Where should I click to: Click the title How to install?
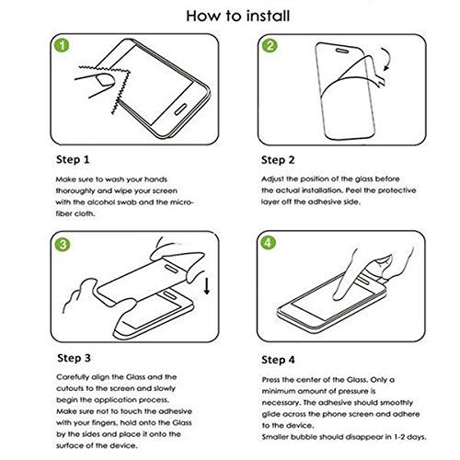(x=238, y=16)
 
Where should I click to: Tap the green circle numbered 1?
(x=62, y=45)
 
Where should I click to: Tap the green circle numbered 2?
(x=270, y=45)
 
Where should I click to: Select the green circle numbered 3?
(x=63, y=245)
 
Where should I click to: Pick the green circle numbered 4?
(x=268, y=243)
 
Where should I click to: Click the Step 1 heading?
(x=73, y=159)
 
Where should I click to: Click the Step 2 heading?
(x=278, y=160)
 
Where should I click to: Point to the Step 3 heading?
(x=74, y=358)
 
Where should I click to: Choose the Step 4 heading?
(x=278, y=360)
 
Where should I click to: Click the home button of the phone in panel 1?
(x=180, y=109)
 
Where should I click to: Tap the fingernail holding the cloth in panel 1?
(x=105, y=80)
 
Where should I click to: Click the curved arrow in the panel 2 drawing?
(x=385, y=59)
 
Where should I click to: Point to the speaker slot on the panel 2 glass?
(x=342, y=51)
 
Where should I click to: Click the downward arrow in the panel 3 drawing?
(x=207, y=286)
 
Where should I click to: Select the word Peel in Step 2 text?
(x=353, y=190)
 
